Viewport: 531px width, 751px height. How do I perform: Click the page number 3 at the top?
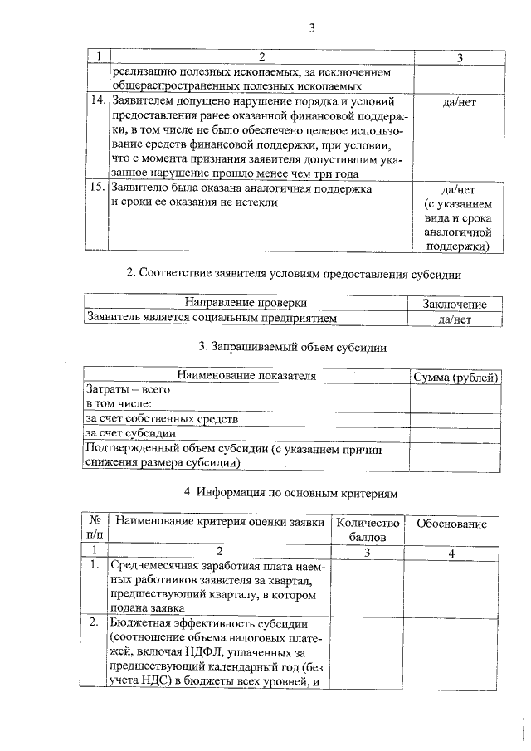click(312, 28)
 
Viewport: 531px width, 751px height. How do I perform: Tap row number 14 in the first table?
click(97, 101)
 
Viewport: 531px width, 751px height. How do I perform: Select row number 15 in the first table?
click(97, 188)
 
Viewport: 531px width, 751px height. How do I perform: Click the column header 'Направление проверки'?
click(246, 303)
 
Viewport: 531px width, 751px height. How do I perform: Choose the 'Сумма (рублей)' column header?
click(456, 377)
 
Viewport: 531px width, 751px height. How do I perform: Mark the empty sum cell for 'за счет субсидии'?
click(456, 432)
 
